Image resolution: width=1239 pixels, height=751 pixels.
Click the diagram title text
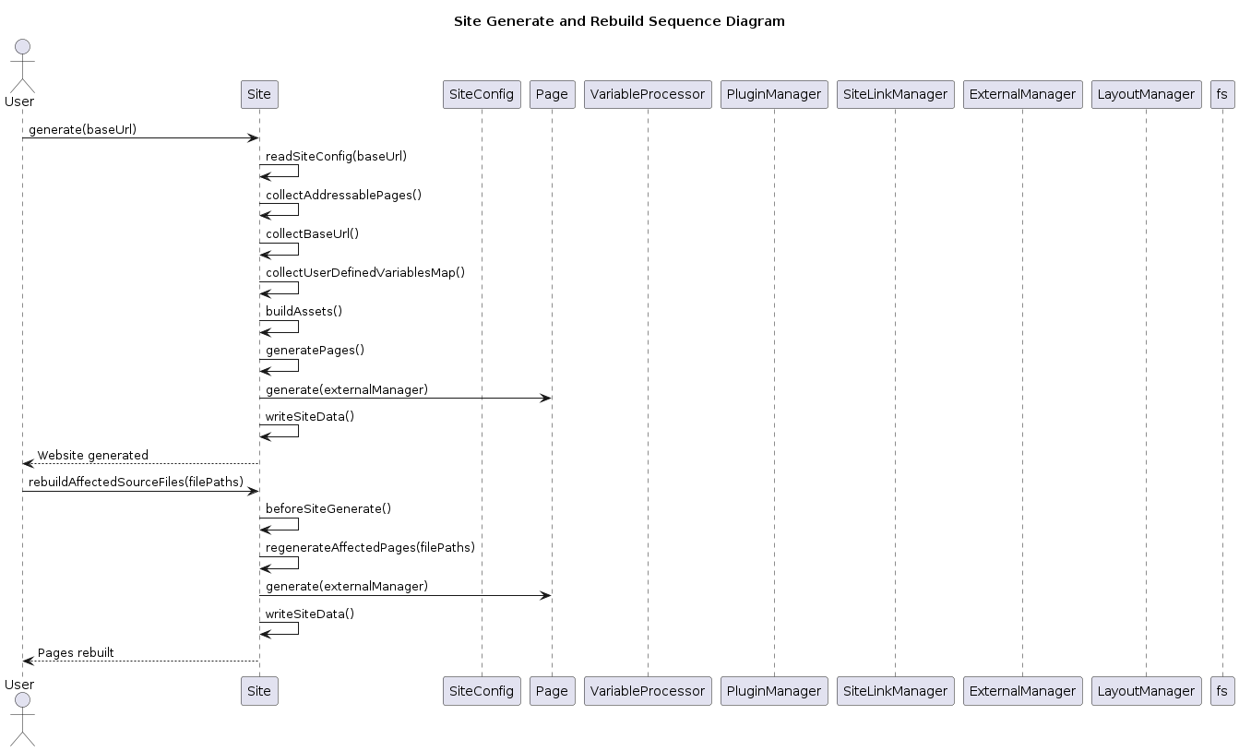pyautogui.click(x=619, y=21)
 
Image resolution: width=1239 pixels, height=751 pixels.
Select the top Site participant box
pyautogui.click(x=259, y=94)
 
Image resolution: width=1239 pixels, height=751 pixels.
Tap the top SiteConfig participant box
pyautogui.click(x=482, y=94)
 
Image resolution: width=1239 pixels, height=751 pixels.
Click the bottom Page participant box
pyautogui.click(x=552, y=691)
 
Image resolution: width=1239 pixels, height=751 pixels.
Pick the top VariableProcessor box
pyautogui.click(x=648, y=94)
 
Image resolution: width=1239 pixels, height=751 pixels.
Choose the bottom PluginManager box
pyautogui.click(x=774, y=691)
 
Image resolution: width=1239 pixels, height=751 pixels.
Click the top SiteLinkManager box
pyautogui.click(x=896, y=94)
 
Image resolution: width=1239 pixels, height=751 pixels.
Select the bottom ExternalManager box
pyautogui.click(x=1023, y=691)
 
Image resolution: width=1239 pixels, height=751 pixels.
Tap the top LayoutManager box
pyautogui.click(x=1146, y=94)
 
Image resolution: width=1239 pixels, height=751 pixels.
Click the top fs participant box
pyautogui.click(x=1222, y=94)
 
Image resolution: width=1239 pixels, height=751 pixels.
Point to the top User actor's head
pyautogui.click(x=23, y=46)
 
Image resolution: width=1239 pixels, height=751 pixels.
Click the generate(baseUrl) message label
pyautogui.click(x=82, y=129)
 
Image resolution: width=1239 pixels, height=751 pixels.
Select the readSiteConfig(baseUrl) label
pyautogui.click(x=337, y=157)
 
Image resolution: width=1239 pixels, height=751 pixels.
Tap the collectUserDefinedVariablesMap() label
pyautogui.click(x=365, y=273)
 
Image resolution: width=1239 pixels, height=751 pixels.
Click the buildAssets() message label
pyautogui.click(x=304, y=311)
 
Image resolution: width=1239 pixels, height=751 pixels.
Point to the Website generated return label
pyautogui.click(x=93, y=455)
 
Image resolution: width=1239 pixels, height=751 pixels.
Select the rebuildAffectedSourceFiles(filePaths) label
pyautogui.click(x=136, y=483)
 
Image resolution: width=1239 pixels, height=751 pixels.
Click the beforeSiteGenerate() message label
pyautogui.click(x=328, y=508)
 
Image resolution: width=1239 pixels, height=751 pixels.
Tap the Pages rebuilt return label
pyautogui.click(x=76, y=652)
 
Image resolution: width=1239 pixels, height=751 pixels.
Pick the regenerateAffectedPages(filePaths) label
pyautogui.click(x=370, y=547)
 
